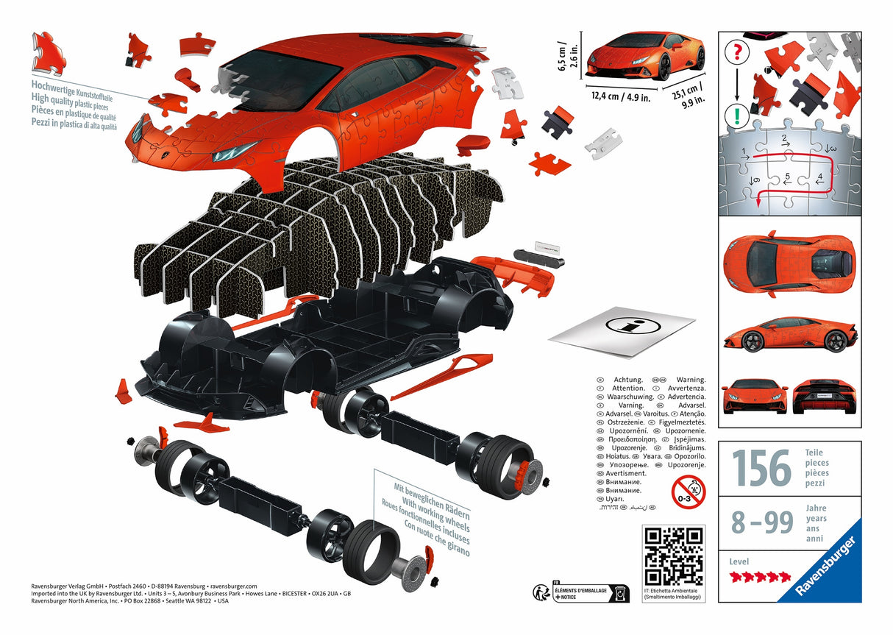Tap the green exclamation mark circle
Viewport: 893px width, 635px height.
[x=736, y=116]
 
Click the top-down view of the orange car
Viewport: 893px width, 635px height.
[x=789, y=264]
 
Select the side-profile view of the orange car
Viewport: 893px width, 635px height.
[x=789, y=336]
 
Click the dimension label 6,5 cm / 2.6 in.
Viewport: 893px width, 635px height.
[x=563, y=54]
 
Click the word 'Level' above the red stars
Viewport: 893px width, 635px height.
[x=739, y=561]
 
